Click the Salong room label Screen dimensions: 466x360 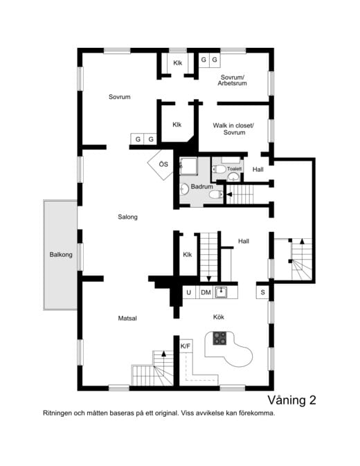[x=127, y=217]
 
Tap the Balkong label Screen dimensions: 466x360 [x=60, y=255]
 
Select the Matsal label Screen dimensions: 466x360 [x=127, y=318]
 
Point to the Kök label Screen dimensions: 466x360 [x=218, y=317]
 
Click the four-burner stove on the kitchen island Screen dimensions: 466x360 [x=219, y=338]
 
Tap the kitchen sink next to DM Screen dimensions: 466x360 [x=222, y=292]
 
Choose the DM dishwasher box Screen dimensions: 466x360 [x=206, y=293]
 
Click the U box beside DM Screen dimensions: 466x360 [x=189, y=293]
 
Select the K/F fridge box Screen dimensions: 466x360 [x=185, y=346]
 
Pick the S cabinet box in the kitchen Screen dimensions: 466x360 [x=263, y=293]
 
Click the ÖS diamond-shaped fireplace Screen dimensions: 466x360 [x=161, y=165]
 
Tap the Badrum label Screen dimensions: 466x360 [x=201, y=186]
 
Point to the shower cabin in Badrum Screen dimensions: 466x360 [x=188, y=166]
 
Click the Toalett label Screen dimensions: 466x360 [x=234, y=168]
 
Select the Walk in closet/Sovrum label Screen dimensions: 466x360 [x=233, y=129]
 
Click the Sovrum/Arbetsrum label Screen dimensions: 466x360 [x=233, y=81]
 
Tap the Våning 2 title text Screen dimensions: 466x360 [x=291, y=400]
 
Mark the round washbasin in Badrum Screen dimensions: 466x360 [x=184, y=188]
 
